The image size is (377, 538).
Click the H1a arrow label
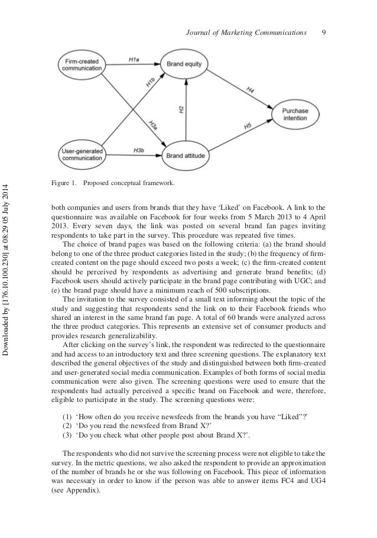[134, 59]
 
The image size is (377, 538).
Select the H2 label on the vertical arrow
[181, 109]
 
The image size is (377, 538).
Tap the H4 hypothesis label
[250, 89]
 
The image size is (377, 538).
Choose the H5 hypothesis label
[248, 127]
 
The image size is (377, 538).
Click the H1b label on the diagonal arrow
[151, 82]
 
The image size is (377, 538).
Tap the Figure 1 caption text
[113, 183]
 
